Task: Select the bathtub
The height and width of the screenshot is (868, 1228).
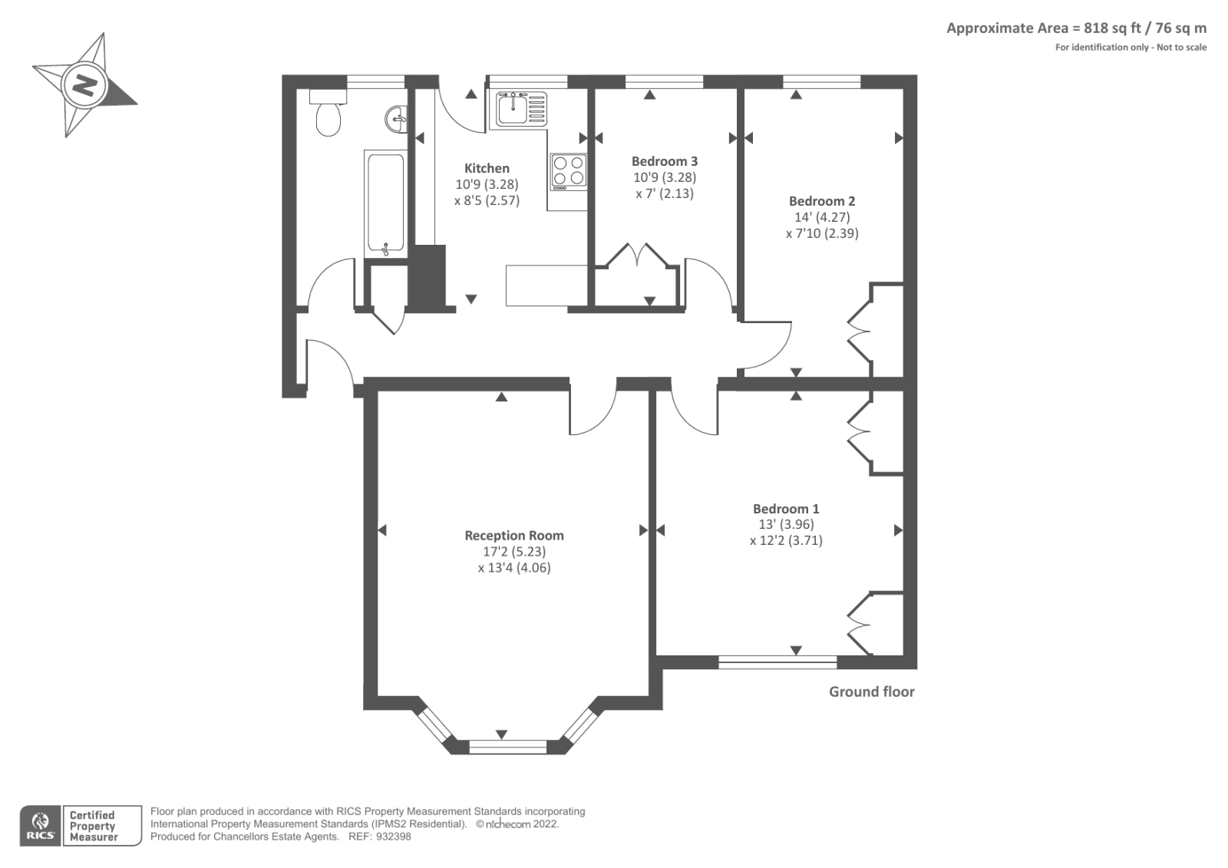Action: tap(384, 203)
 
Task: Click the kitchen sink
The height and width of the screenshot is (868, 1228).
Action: tap(511, 108)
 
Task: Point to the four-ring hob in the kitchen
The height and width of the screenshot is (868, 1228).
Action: tap(569, 172)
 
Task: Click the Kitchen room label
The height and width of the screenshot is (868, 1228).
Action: tap(487, 168)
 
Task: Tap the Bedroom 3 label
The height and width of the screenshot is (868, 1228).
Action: tap(665, 161)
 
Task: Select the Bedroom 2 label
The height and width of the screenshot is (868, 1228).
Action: tap(822, 201)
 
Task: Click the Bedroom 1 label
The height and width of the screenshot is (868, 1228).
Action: tap(786, 509)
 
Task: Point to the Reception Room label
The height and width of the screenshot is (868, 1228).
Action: tap(514, 536)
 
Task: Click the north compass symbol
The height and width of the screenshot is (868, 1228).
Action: tap(84, 84)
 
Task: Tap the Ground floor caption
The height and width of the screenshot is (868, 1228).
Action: tap(871, 691)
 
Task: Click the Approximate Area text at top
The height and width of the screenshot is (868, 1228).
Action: tap(1076, 28)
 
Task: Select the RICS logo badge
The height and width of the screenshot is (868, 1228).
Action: tap(40, 825)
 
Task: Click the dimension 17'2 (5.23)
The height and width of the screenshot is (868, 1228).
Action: tap(514, 552)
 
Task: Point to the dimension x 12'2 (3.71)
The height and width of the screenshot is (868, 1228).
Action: tap(786, 540)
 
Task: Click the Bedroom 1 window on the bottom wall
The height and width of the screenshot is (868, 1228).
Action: tap(777, 662)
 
